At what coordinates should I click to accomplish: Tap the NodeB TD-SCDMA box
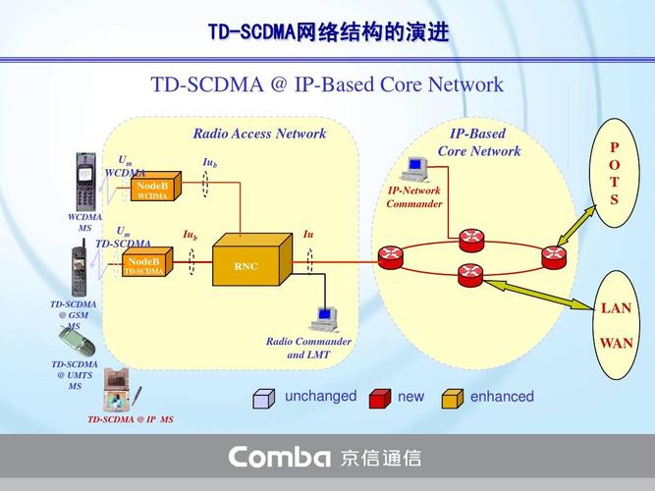pyautogui.click(x=145, y=263)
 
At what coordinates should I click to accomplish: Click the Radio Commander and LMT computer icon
pyautogui.click(x=323, y=316)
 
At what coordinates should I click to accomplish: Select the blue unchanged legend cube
pyautogui.click(x=263, y=398)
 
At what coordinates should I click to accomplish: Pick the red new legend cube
pyautogui.click(x=379, y=398)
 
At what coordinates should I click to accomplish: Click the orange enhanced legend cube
pyautogui.click(x=452, y=398)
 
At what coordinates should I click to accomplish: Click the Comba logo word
pyautogui.click(x=279, y=457)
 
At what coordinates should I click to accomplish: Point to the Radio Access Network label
pyautogui.click(x=259, y=134)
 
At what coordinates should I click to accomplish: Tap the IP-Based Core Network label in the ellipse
pyautogui.click(x=478, y=142)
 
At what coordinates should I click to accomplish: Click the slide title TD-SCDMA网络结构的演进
pyautogui.click(x=328, y=32)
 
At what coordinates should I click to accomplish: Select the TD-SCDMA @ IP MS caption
pyautogui.click(x=130, y=419)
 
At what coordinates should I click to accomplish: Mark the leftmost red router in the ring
pyautogui.click(x=391, y=256)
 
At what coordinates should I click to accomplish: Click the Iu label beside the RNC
pyautogui.click(x=308, y=234)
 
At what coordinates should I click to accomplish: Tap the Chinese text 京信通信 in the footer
pyautogui.click(x=381, y=457)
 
